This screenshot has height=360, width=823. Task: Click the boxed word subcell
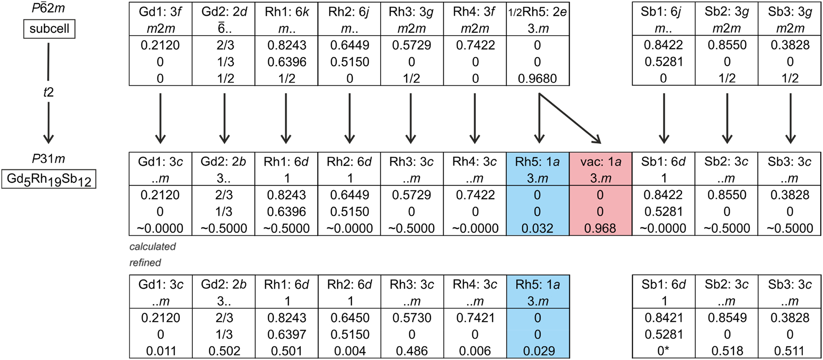pos(49,29)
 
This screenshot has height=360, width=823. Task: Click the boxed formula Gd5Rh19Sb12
pos(49,179)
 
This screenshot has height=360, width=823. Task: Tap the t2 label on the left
pos(48,92)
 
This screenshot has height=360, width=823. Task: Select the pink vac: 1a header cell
pos(600,162)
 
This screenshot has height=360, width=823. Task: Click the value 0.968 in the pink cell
pos(600,228)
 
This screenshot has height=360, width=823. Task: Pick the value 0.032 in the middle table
pos(537,228)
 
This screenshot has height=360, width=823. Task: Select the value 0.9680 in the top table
pos(537,78)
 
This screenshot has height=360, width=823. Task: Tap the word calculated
pos(152,247)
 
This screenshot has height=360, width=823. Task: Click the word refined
pos(145,263)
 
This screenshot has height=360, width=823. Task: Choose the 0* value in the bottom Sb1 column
pos(664,351)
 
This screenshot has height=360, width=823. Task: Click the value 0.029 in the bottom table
pos(537,351)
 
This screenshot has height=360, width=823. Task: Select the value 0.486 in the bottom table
pos(412,351)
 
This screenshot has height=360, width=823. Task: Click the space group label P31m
pos(48,159)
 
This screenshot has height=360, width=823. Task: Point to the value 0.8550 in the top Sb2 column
pos(727,45)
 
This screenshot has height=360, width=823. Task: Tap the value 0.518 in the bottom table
pos(727,351)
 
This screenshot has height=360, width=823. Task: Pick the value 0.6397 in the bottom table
pos(287,334)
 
